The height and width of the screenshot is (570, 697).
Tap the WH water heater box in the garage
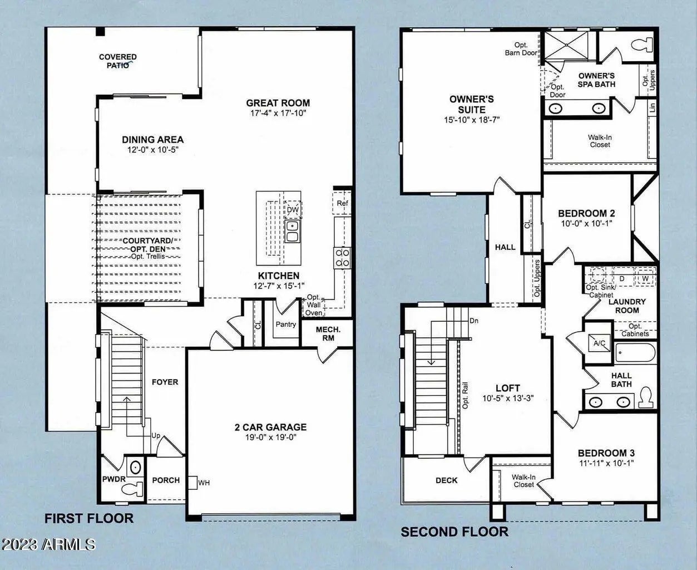192,483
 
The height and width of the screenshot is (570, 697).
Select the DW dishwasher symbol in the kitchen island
293,209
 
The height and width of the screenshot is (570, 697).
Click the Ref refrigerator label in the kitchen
342,203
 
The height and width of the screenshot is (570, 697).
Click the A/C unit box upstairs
599,343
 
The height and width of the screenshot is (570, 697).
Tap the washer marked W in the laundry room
645,278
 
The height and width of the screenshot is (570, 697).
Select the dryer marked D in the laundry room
622,278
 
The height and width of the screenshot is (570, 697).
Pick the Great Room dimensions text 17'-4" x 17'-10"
278,113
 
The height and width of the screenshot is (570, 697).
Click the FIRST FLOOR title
89,518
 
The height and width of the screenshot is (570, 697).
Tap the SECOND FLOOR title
454,532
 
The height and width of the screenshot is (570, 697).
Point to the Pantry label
285,324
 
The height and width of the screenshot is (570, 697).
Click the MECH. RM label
328,333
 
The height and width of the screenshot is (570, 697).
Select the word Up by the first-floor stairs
156,436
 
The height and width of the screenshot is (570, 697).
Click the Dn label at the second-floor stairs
474,321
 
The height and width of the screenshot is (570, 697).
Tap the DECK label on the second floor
446,480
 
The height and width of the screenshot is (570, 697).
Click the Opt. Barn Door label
521,49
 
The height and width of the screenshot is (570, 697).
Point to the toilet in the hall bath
646,397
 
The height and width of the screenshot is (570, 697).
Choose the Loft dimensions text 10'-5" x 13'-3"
508,399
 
